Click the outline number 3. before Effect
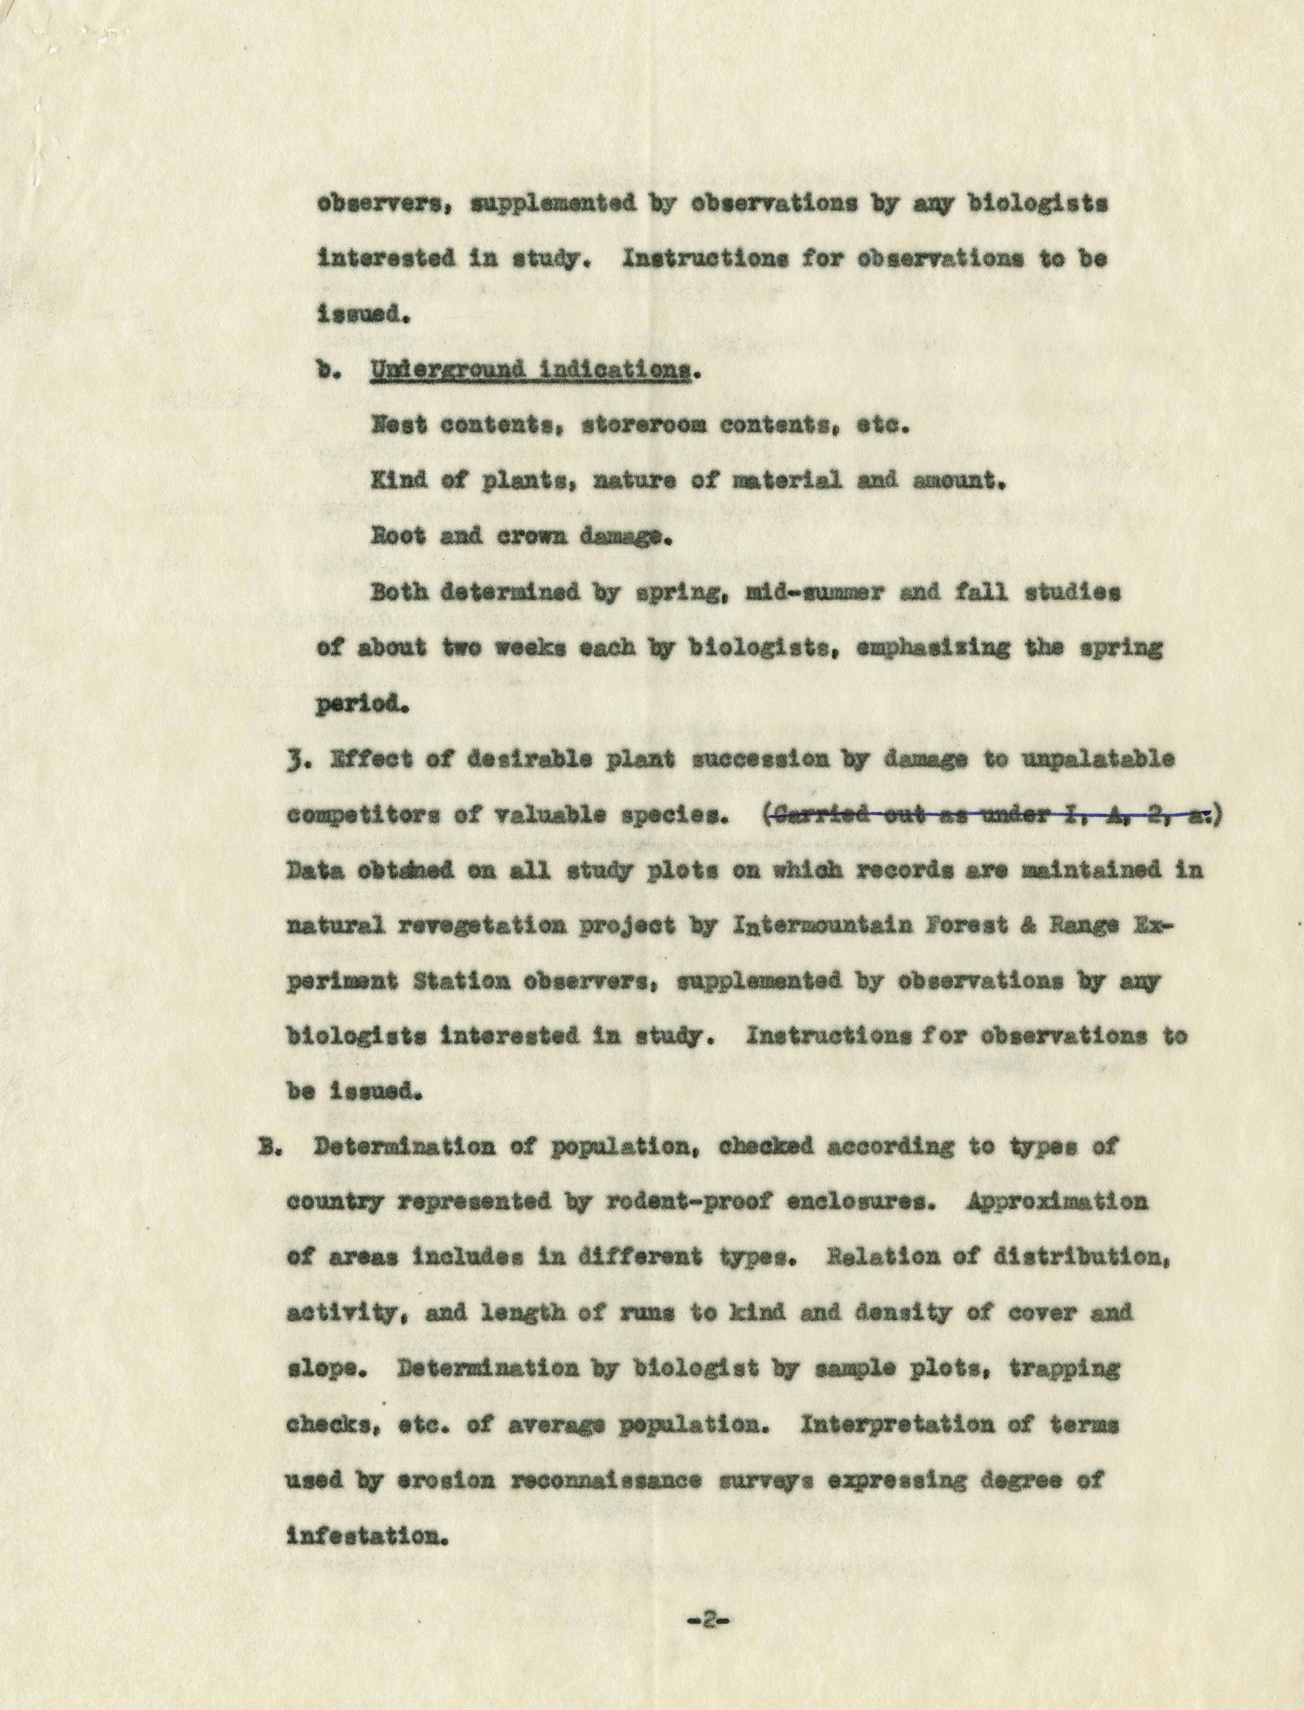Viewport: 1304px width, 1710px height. [x=295, y=760]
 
